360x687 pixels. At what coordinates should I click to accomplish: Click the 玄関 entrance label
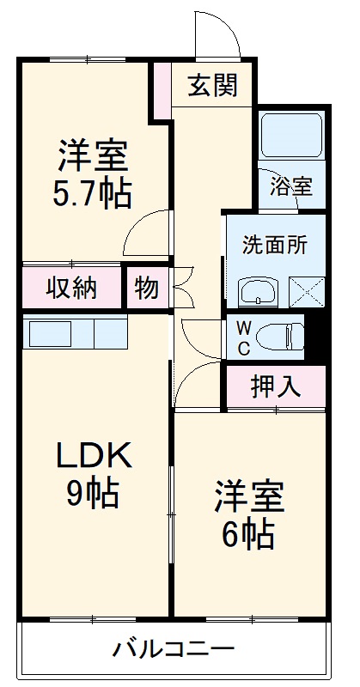213,87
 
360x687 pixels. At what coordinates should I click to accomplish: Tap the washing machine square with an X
307,292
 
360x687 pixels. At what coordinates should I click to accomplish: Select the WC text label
243,337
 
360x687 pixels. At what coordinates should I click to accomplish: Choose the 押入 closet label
275,386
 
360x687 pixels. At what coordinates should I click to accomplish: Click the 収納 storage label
71,289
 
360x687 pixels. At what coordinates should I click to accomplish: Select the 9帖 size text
94,493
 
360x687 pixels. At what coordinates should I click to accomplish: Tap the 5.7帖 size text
94,195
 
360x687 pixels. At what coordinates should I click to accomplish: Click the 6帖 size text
249,535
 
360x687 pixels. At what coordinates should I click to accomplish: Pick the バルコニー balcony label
174,648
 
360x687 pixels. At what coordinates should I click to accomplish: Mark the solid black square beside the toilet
316,337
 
